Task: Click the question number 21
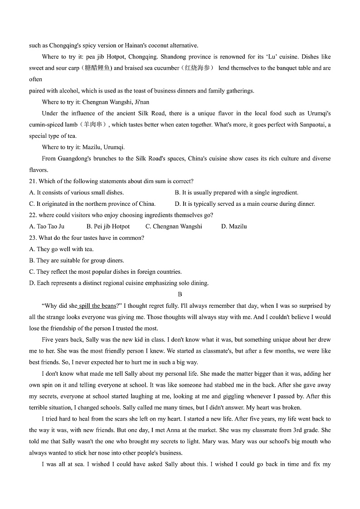33,181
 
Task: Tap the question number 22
33,215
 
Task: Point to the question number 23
33,238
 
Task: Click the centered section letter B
180,295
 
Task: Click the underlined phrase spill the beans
97,306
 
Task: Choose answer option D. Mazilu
234,227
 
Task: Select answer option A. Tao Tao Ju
47,227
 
